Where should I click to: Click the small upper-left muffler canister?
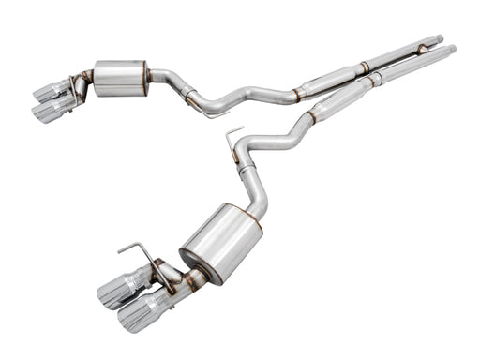point(120,78)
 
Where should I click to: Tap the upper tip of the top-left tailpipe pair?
point(49,91)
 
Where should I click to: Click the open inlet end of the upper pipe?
point(437,39)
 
